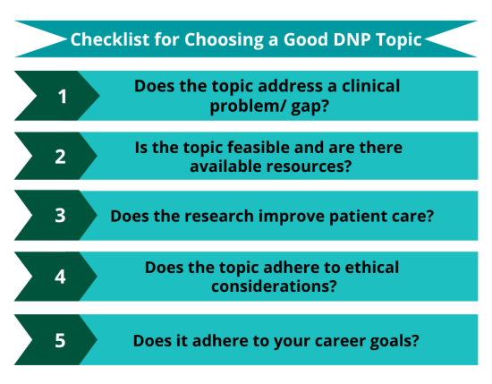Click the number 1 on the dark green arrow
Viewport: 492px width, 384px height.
point(62,96)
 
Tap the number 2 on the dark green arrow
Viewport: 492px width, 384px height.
point(62,156)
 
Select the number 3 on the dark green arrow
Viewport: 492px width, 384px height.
point(62,216)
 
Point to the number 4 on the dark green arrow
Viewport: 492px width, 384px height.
point(62,277)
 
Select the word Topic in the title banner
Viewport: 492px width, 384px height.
point(396,41)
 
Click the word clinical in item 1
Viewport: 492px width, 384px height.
point(367,87)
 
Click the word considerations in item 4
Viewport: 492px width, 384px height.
point(267,286)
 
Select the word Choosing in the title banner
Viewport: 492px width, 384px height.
point(214,41)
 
